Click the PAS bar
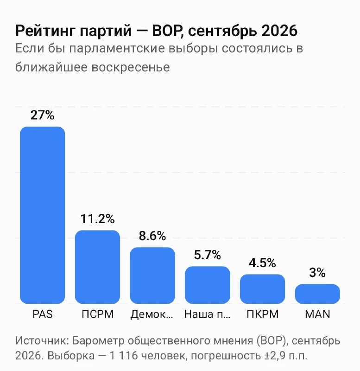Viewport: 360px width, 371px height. click(x=42, y=215)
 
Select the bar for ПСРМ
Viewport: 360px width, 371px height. click(x=97, y=267)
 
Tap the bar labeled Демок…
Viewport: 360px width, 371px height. click(x=152, y=275)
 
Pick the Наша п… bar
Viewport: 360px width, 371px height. click(x=207, y=285)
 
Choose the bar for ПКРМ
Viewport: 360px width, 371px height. click(x=262, y=289)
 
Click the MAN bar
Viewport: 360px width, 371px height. click(x=317, y=294)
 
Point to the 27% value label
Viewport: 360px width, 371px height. click(x=42, y=115)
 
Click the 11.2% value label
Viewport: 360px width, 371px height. click(x=97, y=219)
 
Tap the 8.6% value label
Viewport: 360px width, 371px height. click(x=152, y=236)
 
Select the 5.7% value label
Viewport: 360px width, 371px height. click(x=207, y=255)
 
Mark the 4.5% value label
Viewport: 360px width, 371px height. click(x=262, y=263)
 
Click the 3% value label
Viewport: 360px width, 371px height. click(x=317, y=273)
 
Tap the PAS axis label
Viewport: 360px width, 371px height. click(x=43, y=314)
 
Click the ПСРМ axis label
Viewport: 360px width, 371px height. click(x=98, y=314)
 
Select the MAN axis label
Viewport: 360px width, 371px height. click(x=317, y=314)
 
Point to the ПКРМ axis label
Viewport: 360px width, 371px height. click(x=263, y=314)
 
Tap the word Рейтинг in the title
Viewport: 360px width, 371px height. click(x=45, y=31)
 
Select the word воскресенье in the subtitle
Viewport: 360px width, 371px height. click(x=131, y=67)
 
